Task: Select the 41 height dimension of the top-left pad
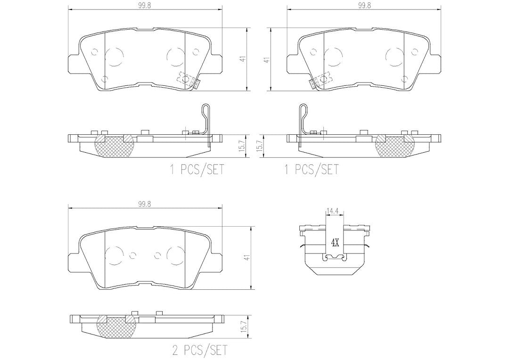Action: click(x=244, y=59)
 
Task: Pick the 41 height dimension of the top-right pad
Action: click(x=267, y=60)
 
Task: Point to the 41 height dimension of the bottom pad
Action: click(x=247, y=258)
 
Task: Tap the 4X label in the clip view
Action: click(x=335, y=243)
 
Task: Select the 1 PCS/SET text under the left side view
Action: click(x=197, y=170)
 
